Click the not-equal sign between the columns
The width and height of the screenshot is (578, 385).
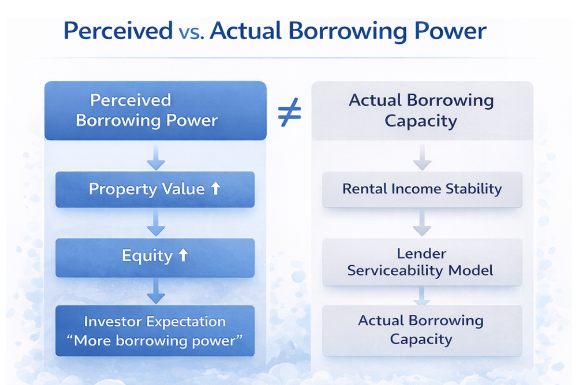click(289, 113)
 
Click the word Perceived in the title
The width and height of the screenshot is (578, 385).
click(118, 32)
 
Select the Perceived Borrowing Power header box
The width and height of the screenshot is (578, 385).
click(155, 111)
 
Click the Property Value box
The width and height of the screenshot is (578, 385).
click(155, 189)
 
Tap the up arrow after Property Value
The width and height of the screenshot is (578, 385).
click(215, 189)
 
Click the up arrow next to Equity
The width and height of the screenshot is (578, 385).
click(183, 256)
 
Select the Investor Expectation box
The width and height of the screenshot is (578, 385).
click(155, 331)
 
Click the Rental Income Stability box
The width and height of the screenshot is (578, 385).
click(422, 189)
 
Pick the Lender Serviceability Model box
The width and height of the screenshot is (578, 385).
click(422, 262)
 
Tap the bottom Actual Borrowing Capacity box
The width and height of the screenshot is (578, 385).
click(422, 330)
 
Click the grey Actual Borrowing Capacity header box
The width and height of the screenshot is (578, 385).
click(422, 111)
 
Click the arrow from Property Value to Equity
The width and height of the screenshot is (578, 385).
click(156, 223)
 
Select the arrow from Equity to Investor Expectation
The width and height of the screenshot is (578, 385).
click(156, 292)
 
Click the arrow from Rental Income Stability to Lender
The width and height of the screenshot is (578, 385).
click(422, 223)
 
